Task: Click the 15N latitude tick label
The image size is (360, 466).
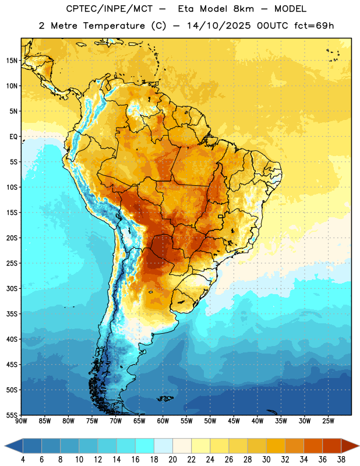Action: pyautogui.click(x=12, y=61)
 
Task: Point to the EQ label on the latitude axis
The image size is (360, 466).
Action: pyautogui.click(x=13, y=137)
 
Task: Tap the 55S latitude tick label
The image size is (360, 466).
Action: pyautogui.click(x=12, y=415)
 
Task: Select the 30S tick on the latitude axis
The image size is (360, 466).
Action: pyautogui.click(x=12, y=288)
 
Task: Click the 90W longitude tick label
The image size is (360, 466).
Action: pyautogui.click(x=21, y=421)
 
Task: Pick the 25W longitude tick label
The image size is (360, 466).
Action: pyautogui.click(x=328, y=421)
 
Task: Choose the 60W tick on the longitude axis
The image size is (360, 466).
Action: pyautogui.click(x=163, y=421)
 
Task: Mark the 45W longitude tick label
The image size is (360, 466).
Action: pyautogui.click(x=234, y=421)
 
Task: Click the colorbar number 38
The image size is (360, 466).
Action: pyautogui.click(x=341, y=460)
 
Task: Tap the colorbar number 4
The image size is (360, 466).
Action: pyautogui.click(x=23, y=460)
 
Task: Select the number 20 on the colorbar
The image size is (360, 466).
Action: pyautogui.click(x=172, y=460)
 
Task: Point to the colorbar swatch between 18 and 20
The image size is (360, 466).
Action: pyautogui.click(x=163, y=446)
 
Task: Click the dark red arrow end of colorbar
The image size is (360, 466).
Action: pyautogui.click(x=350, y=446)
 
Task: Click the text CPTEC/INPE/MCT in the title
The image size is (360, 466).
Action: pyautogui.click(x=109, y=9)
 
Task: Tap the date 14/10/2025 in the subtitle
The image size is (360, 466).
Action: pyautogui.click(x=219, y=26)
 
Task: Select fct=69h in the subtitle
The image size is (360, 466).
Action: pyautogui.click(x=314, y=26)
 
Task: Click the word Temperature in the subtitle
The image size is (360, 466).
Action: pyautogui.click(x=114, y=26)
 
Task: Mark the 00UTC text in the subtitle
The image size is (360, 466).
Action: pyautogui.click(x=273, y=26)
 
